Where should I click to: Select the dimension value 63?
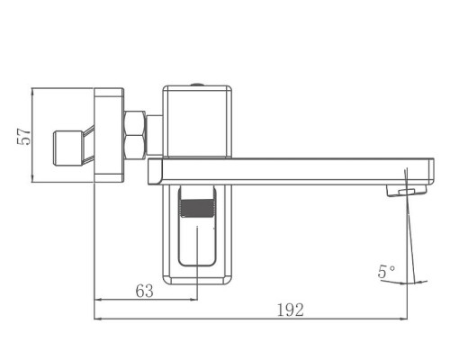(x=144, y=290)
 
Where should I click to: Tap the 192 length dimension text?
(x=289, y=309)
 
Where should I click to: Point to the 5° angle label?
(x=385, y=270)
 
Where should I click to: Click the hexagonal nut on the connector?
(x=135, y=134)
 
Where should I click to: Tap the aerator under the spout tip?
(x=407, y=191)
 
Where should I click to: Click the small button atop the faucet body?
(x=199, y=85)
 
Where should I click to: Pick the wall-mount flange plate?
(x=109, y=135)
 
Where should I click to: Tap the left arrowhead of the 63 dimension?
(x=99, y=300)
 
